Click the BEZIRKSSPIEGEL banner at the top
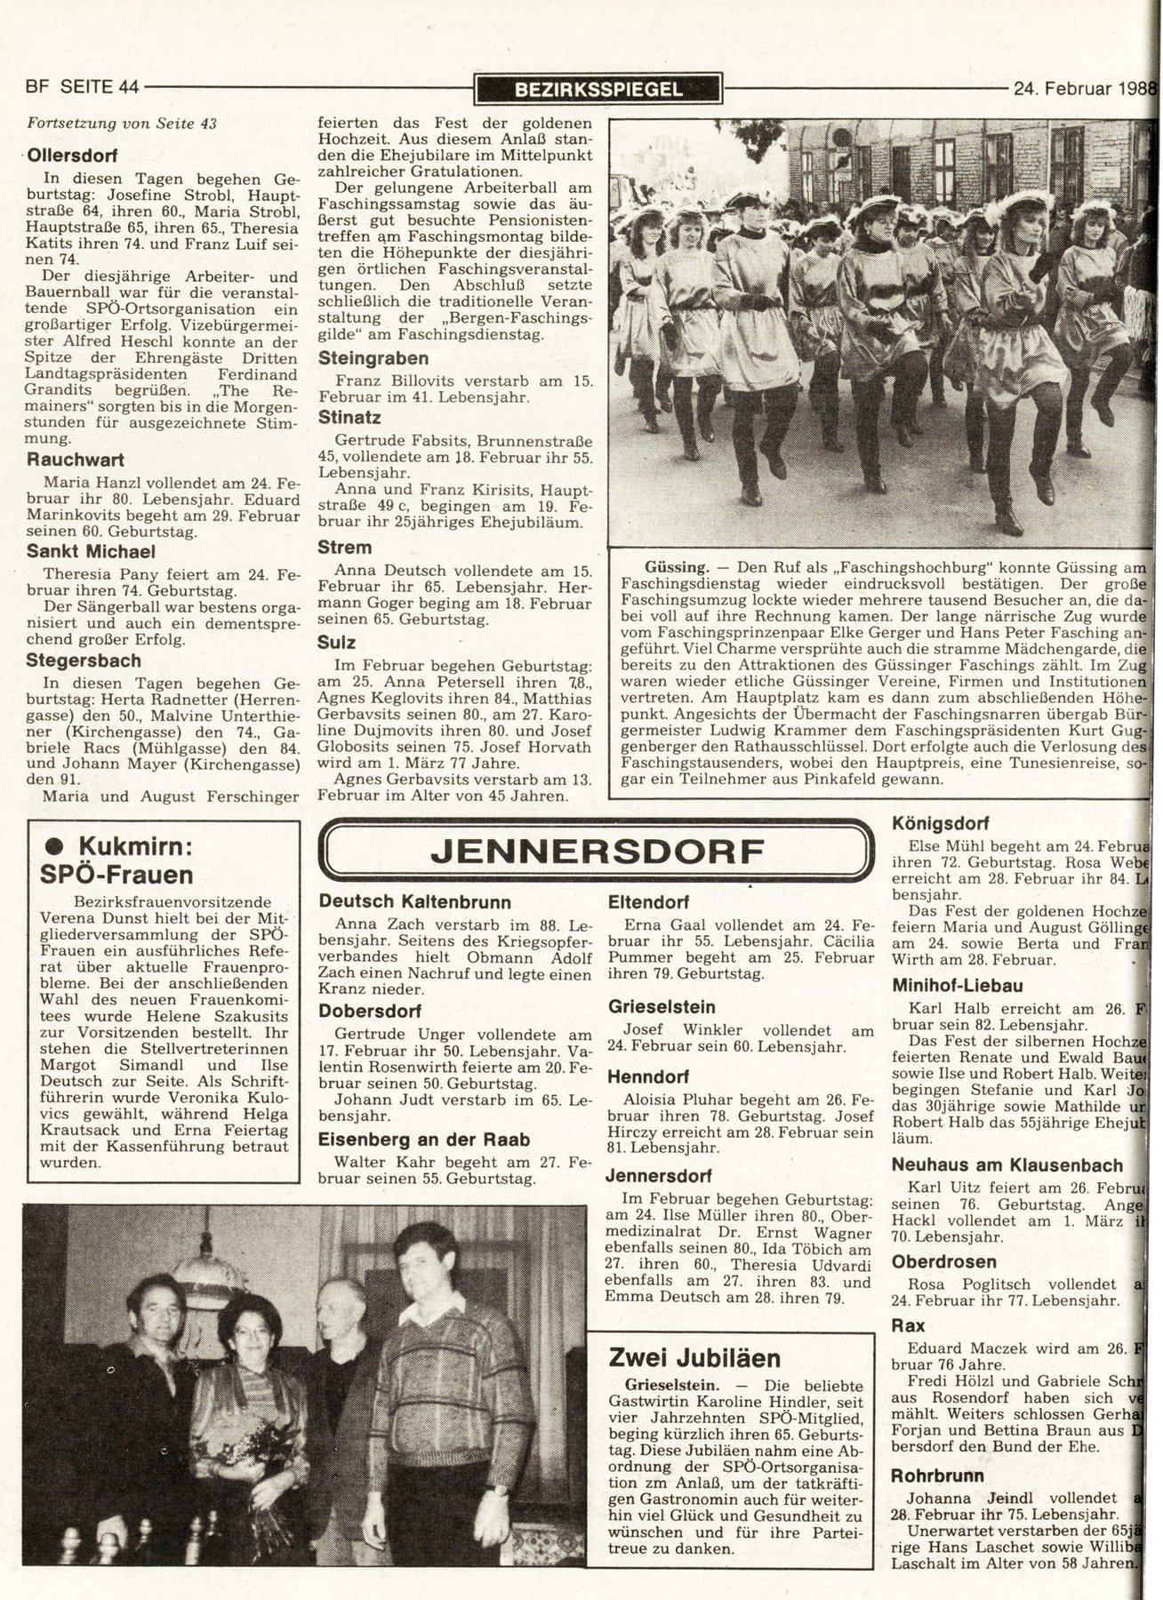point(598,88)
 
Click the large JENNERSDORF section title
point(596,851)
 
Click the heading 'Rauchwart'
point(75,460)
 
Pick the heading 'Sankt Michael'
point(91,551)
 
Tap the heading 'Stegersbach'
point(84,660)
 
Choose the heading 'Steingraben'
point(373,358)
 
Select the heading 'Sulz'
point(337,643)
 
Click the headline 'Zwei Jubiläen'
point(694,1357)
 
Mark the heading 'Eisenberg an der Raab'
point(424,1140)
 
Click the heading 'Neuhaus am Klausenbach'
point(1007,1164)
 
